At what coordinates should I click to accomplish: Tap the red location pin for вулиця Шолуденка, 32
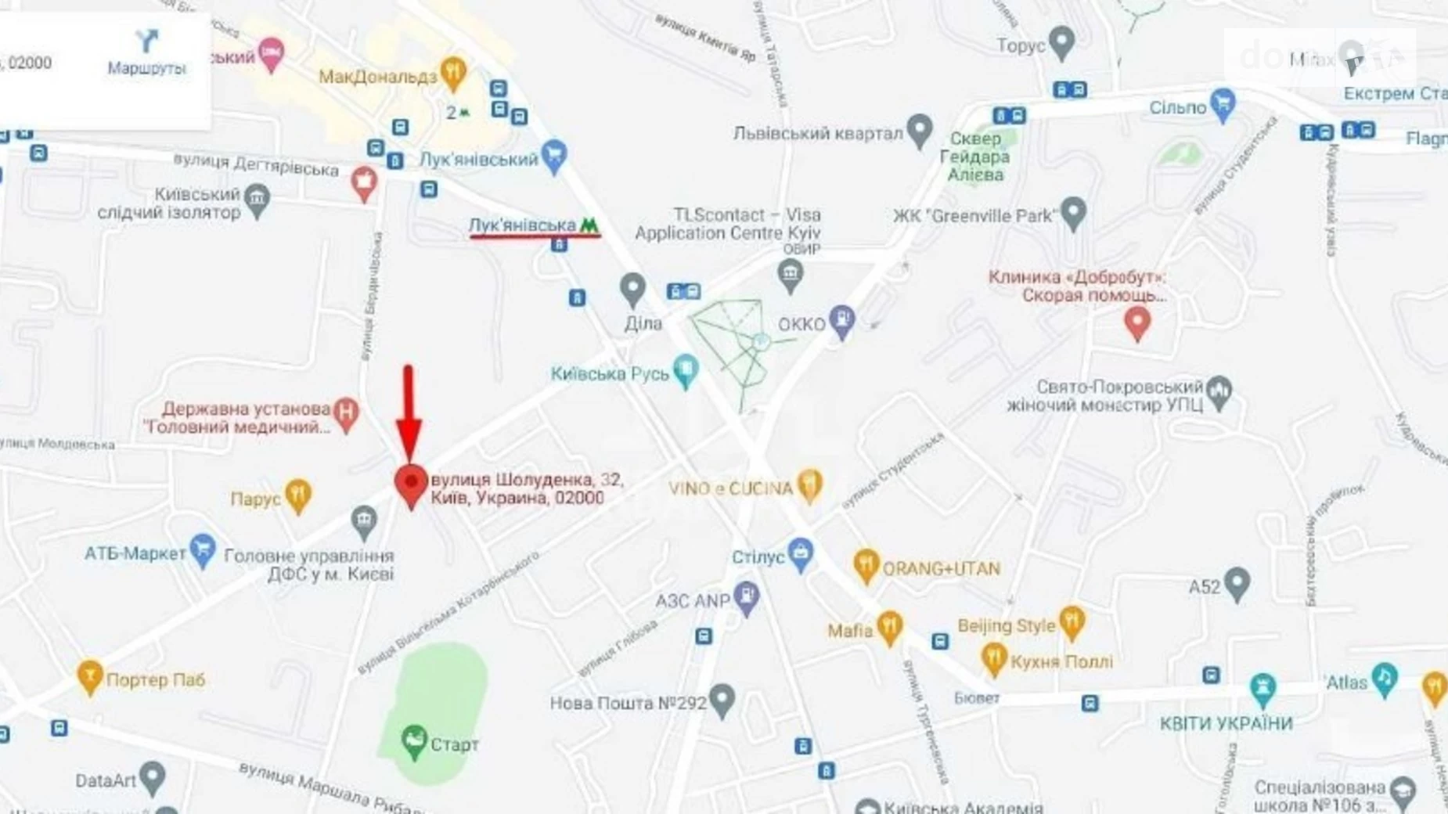click(x=411, y=484)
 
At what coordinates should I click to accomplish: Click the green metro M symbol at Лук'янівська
click(x=589, y=225)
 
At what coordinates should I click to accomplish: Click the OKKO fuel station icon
click(x=842, y=321)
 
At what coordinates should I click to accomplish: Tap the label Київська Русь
click(x=610, y=373)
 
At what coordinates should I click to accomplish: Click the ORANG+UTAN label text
click(x=941, y=568)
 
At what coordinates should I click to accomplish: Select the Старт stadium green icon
click(x=414, y=740)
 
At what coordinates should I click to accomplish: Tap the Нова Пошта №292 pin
click(x=722, y=700)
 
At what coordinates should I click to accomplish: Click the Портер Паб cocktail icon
click(x=90, y=676)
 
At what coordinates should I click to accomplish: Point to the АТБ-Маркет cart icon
click(x=203, y=550)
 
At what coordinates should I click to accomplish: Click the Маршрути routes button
click(x=146, y=52)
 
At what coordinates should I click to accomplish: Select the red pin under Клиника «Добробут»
click(x=1137, y=322)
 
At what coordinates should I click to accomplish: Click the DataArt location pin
click(x=153, y=777)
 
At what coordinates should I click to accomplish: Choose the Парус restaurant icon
click(x=297, y=495)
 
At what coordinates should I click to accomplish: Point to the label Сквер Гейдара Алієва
click(x=974, y=157)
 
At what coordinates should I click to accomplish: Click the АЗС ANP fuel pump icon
click(x=747, y=598)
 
